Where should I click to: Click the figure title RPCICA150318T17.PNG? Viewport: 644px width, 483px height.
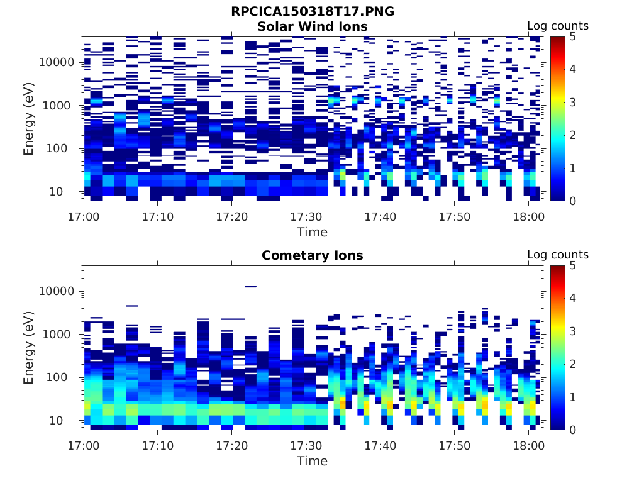(313, 11)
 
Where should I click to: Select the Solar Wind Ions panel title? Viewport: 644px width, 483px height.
(313, 26)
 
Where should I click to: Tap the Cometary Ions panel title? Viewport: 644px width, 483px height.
(313, 255)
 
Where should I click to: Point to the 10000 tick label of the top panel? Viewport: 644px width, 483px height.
(57, 62)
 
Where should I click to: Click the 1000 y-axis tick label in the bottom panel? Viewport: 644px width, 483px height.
(60, 334)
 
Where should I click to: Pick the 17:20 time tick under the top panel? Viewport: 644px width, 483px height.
(232, 217)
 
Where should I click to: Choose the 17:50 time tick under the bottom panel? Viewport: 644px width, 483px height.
(455, 446)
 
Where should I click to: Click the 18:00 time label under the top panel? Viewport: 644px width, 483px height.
(529, 217)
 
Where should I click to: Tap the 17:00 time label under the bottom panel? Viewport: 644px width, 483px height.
(84, 446)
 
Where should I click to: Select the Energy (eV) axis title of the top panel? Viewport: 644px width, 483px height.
(29, 118)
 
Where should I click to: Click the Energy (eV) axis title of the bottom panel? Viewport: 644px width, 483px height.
(29, 347)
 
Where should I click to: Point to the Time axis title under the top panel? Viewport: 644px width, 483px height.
(313, 232)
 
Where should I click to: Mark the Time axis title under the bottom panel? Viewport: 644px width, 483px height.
(313, 461)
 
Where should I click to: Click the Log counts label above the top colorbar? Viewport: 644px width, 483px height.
(558, 26)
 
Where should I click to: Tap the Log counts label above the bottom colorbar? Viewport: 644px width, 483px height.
(558, 255)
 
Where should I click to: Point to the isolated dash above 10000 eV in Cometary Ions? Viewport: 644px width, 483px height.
(250, 287)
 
